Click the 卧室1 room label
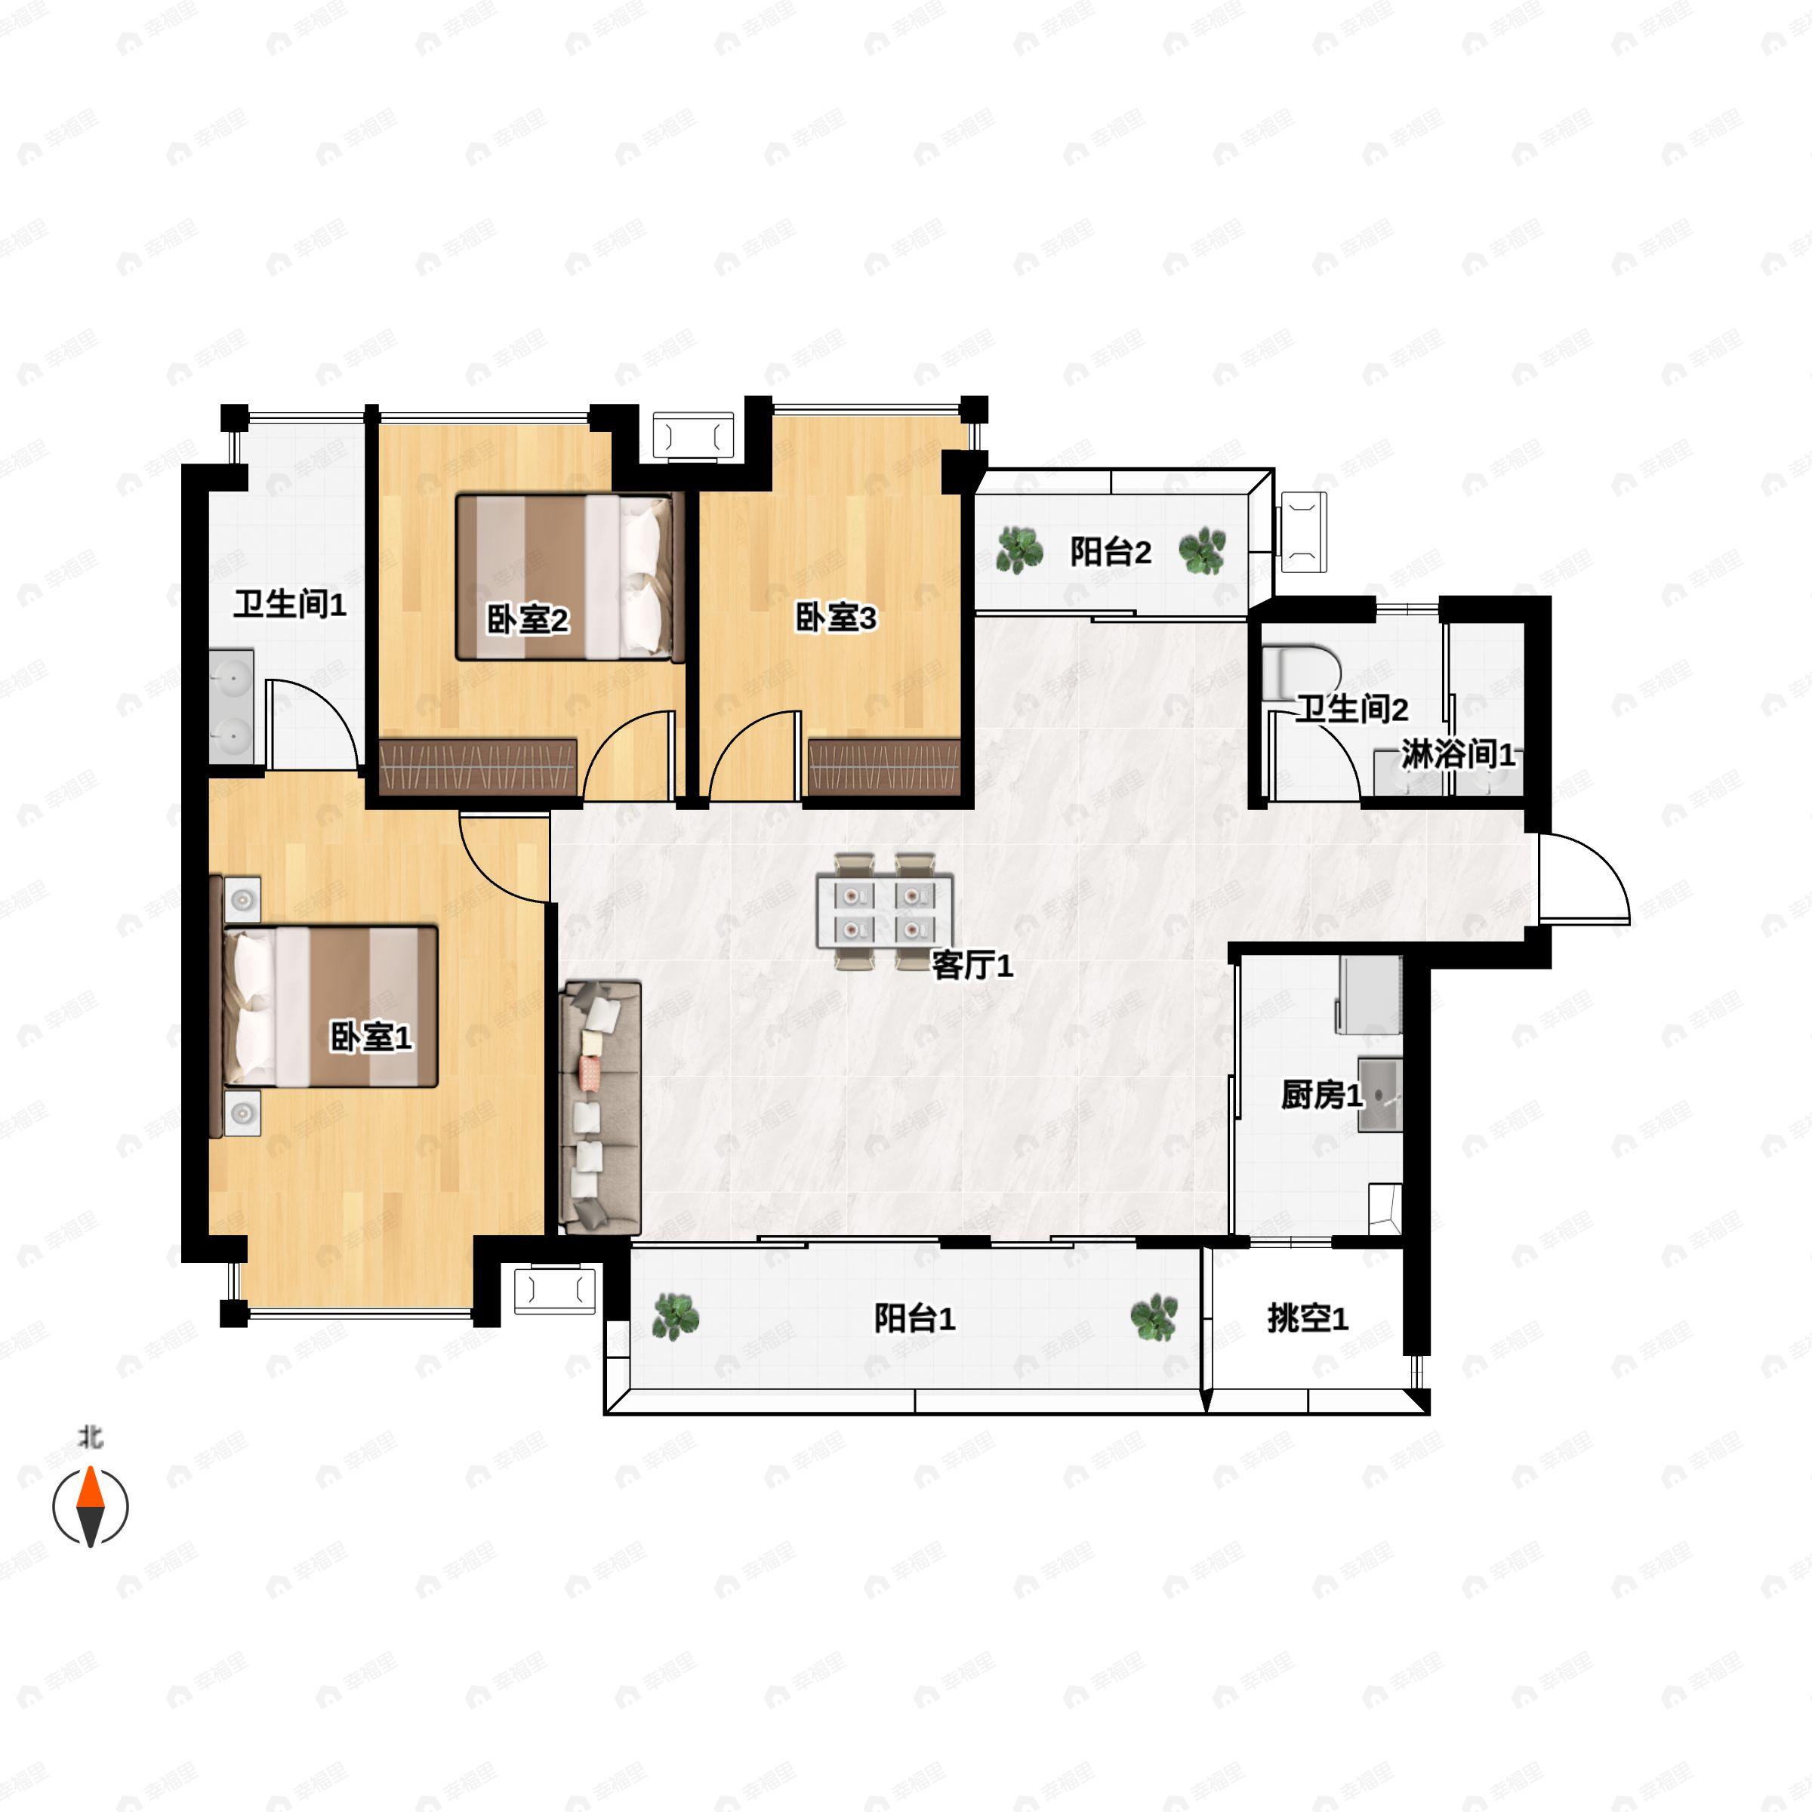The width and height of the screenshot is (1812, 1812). [371, 1037]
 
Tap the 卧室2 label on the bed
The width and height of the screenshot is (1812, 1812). [527, 619]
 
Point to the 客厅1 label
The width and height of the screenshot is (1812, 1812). [972, 964]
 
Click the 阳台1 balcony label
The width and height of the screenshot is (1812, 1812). [914, 1319]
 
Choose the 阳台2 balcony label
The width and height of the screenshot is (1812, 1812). [1111, 551]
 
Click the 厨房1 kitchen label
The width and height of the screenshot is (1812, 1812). [1321, 1095]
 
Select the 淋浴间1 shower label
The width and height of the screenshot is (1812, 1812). [1459, 754]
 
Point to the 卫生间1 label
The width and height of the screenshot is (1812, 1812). [290, 604]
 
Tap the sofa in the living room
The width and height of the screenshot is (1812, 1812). [599, 1107]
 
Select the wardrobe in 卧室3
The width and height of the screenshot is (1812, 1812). [884, 767]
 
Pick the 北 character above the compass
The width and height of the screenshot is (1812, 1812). [91, 1438]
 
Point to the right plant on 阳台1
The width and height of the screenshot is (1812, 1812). [1154, 1317]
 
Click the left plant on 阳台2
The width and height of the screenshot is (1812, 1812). [1019, 550]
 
